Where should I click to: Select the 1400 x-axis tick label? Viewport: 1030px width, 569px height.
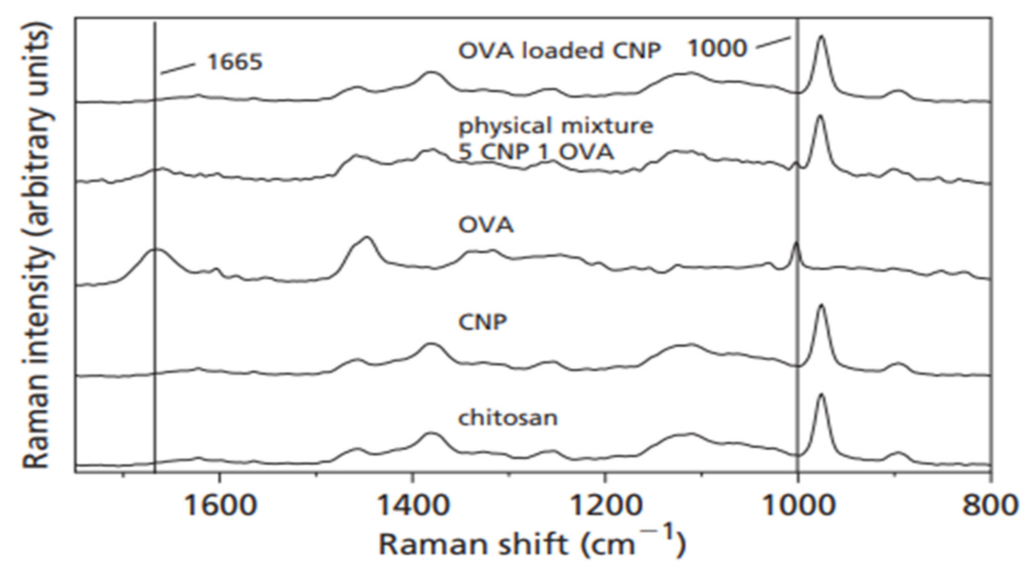pyautogui.click(x=413, y=505)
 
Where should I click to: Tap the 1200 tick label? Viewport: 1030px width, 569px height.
pyautogui.click(x=605, y=505)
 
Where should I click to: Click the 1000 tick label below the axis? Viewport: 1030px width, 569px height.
pyautogui.click(x=799, y=505)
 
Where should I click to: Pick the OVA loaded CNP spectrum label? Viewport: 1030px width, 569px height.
pyautogui.click(x=559, y=51)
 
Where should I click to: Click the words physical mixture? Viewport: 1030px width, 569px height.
pyautogui.click(x=556, y=126)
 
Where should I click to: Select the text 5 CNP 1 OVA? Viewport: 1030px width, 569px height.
pyautogui.click(x=536, y=152)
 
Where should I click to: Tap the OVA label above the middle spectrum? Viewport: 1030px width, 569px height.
pyautogui.click(x=486, y=225)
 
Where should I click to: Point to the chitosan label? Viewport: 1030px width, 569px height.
pyautogui.click(x=508, y=418)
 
